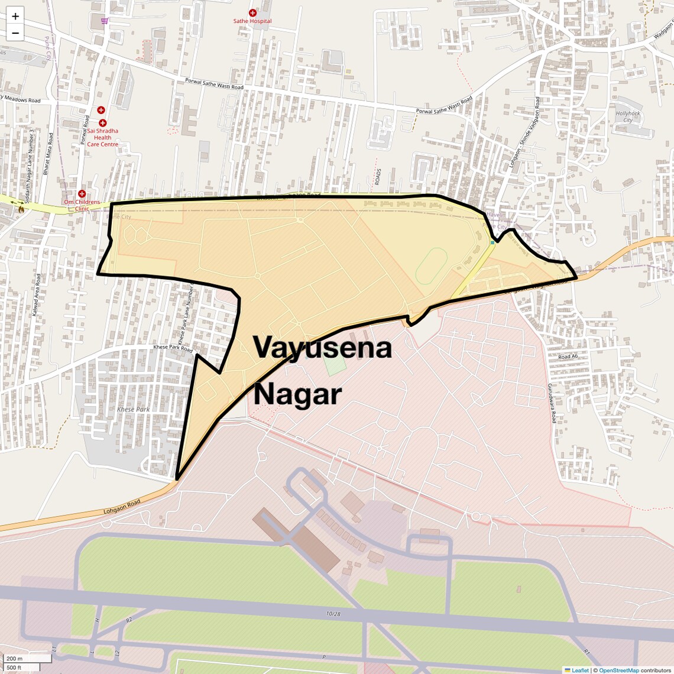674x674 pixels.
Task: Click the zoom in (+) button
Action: (x=15, y=17)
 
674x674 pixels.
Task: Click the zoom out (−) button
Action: (x=15, y=33)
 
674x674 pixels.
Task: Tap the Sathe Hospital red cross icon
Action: (x=252, y=12)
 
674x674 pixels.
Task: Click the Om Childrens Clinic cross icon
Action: (x=82, y=194)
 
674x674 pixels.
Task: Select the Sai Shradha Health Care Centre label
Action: (x=102, y=137)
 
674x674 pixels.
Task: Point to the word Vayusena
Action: (x=323, y=348)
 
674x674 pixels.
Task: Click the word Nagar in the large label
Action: (x=297, y=394)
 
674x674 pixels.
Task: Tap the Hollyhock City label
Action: (x=627, y=116)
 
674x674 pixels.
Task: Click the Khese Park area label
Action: (x=133, y=409)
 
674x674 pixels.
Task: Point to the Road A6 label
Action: (x=568, y=357)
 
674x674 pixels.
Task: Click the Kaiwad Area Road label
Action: (x=37, y=295)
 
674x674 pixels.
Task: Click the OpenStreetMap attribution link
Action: (x=619, y=670)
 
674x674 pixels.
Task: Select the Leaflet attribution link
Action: (x=579, y=670)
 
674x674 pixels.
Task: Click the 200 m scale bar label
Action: (x=14, y=659)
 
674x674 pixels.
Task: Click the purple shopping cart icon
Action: (x=105, y=21)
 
